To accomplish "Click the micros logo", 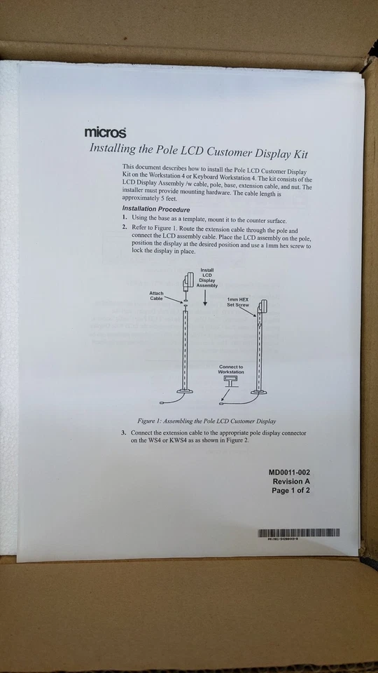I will pos(105,132).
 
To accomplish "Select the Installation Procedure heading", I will pos(155,209).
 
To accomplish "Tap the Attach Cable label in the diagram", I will pos(156,296).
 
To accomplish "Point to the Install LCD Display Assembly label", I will pos(207,278).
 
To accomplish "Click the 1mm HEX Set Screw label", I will pos(238,302).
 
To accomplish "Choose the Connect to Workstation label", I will pos(231,369).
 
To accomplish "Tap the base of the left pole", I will pos(185,390).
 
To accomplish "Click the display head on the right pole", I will pos(263,307).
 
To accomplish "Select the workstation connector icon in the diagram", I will pos(230,381).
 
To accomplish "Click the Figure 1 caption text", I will pos(206,421).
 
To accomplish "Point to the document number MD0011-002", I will pos(290,473).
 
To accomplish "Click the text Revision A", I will pos(291,482).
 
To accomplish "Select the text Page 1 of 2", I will pos(291,491).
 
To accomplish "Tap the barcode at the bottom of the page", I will pos(299,533).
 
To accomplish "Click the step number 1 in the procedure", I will pos(125,219).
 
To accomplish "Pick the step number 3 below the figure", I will pos(124,433).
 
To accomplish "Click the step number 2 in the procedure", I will pos(125,229).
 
